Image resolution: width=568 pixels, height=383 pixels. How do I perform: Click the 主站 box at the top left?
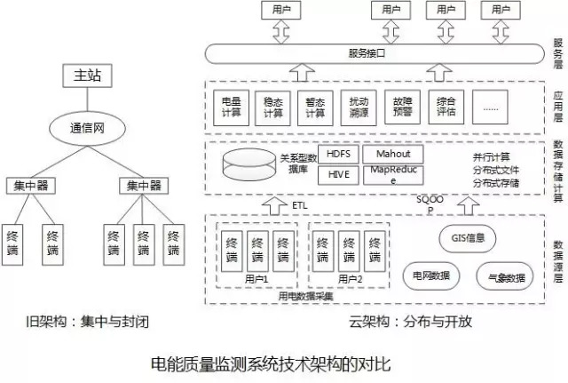pyautogui.click(x=88, y=76)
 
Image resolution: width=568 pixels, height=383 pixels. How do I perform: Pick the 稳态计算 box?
pyautogui.click(x=273, y=108)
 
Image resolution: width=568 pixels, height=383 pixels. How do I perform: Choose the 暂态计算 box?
pyautogui.click(x=316, y=108)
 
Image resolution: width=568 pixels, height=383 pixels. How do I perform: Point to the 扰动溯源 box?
pyautogui.click(x=359, y=108)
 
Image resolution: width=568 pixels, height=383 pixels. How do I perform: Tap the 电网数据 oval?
pyautogui.click(x=432, y=275)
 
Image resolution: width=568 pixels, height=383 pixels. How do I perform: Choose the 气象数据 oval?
pyautogui.click(x=506, y=276)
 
